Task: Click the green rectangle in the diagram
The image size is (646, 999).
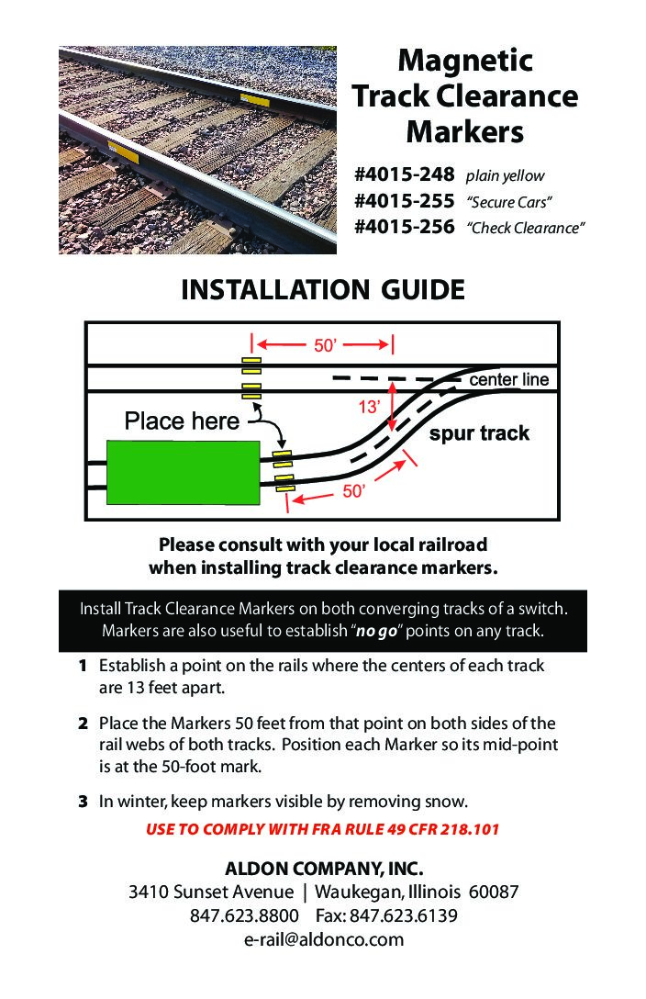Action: click(183, 472)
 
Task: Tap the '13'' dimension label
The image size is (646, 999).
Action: click(369, 405)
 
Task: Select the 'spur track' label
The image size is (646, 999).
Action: click(479, 433)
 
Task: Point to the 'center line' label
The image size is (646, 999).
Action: click(508, 379)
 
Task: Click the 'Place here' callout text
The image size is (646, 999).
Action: click(182, 421)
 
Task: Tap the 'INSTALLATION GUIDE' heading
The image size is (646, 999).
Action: click(323, 290)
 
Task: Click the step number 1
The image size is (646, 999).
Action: click(83, 666)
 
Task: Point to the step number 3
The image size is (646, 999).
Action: click(83, 802)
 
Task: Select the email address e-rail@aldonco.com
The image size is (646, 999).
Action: click(323, 939)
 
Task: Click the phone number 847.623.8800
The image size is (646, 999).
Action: click(244, 916)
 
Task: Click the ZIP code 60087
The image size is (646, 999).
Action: click(494, 892)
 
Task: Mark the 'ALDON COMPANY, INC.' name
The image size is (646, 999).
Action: click(323, 869)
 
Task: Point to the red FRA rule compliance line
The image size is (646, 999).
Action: click(323, 830)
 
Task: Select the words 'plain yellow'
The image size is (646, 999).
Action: click(505, 175)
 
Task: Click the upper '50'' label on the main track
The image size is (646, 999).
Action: click(326, 345)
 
